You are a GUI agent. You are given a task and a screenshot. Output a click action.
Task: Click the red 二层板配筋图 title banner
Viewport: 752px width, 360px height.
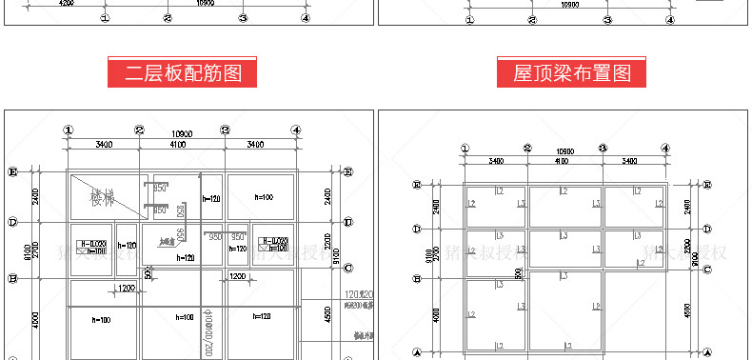(183, 72)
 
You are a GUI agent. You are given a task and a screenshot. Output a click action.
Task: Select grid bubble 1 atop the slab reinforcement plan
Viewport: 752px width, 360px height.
(68, 130)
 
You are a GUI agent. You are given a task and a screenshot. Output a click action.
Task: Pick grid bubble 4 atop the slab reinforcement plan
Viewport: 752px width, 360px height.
(297, 130)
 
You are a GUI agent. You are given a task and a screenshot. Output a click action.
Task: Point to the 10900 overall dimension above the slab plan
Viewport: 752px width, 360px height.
(182, 133)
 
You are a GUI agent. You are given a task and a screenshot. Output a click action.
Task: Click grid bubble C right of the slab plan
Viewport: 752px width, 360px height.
(347, 269)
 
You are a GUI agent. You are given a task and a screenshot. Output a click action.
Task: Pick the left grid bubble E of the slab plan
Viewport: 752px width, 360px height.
(13, 171)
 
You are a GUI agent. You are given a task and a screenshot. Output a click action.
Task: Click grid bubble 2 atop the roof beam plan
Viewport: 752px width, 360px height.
(526, 149)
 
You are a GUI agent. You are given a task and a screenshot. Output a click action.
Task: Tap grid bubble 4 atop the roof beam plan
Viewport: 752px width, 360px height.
(665, 149)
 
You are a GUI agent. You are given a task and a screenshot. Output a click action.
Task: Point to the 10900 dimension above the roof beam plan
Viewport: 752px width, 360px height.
(565, 151)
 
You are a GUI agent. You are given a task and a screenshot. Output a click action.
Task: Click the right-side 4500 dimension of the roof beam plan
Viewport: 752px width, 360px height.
(688, 310)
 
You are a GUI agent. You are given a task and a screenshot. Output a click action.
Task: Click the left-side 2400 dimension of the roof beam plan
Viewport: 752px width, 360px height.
(436, 206)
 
